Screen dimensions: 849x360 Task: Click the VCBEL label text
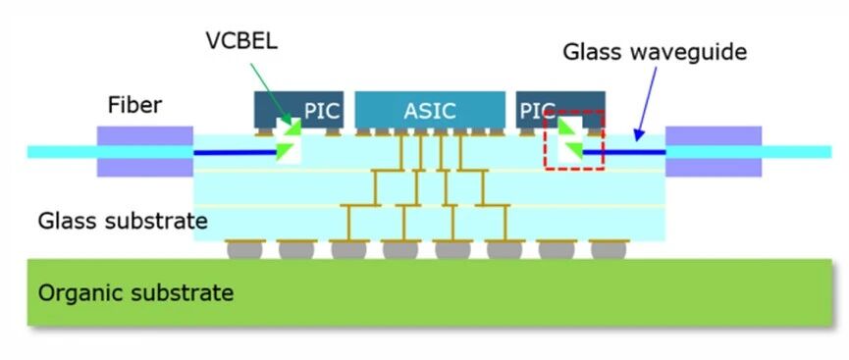coord(241,40)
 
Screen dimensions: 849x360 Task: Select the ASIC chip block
coord(431,110)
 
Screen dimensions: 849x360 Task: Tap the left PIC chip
coord(299,110)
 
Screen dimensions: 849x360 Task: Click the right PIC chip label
coord(537,111)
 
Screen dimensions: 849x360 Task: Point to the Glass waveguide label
coord(656,53)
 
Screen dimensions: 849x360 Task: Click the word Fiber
coord(134,105)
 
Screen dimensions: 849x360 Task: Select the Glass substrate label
coord(123,221)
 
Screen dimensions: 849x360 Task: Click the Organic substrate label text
coord(135,293)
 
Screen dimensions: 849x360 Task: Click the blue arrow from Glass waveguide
coord(647,103)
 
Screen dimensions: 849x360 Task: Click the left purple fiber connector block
coord(145,152)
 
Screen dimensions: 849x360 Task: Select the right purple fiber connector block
coord(714,152)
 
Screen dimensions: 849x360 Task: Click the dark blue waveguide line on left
coord(236,153)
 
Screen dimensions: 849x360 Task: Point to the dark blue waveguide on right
coord(624,152)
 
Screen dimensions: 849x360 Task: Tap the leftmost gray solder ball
coord(244,250)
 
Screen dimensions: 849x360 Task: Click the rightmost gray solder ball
coord(609,250)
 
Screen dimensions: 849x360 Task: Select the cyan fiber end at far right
coord(796,152)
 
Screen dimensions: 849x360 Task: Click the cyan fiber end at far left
coord(62,152)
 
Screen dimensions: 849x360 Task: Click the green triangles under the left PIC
coord(288,139)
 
